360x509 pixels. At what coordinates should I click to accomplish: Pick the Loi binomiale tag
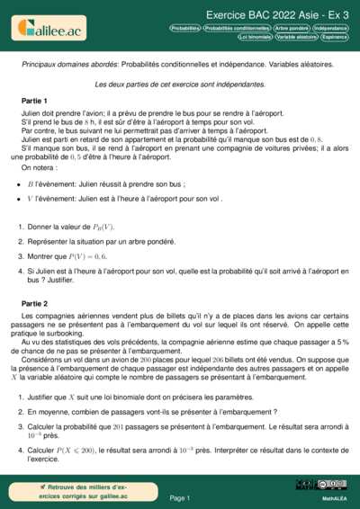pos(255,38)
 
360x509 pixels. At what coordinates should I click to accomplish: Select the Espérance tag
pos(335,38)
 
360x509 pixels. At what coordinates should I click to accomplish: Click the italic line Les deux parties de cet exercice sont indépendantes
pos(180,83)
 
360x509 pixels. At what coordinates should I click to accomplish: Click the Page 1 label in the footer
pos(179,497)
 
